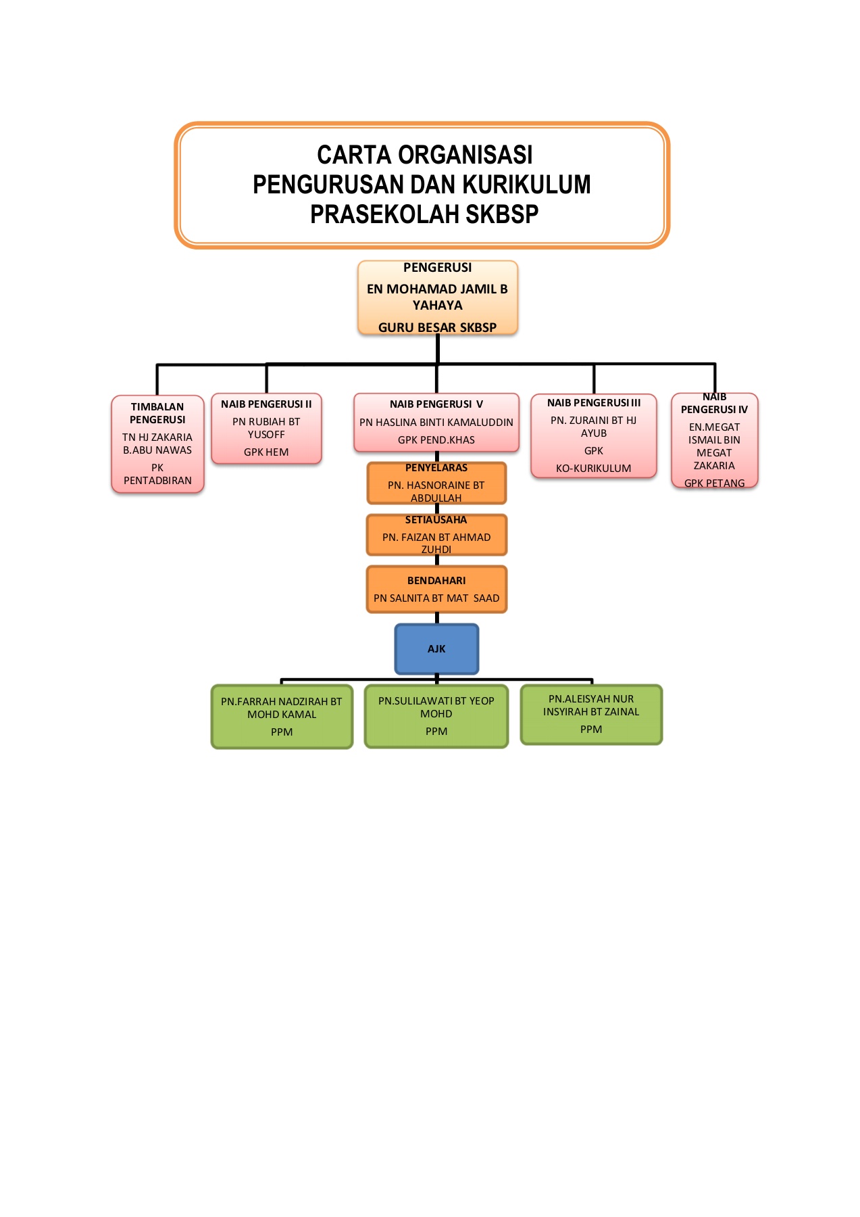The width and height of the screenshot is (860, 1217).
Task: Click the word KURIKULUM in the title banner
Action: [528, 185]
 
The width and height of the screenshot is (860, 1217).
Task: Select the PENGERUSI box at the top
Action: [437, 297]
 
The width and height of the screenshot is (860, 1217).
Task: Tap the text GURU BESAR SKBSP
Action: [437, 327]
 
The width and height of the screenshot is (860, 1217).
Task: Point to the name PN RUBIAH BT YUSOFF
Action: [266, 428]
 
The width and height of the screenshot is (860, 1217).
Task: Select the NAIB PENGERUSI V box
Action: [436, 422]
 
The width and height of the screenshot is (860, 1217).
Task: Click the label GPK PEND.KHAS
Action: [436, 440]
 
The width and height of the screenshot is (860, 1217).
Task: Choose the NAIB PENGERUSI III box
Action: [593, 435]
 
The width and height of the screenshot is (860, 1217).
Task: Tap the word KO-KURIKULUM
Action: [593, 469]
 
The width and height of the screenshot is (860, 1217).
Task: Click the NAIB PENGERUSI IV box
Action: [714, 440]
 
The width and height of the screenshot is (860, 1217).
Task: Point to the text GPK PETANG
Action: [714, 483]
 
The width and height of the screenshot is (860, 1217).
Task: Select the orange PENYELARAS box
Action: [436, 483]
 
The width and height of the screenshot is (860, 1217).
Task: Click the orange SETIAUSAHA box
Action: [436, 535]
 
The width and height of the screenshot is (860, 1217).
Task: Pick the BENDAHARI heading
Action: [436, 581]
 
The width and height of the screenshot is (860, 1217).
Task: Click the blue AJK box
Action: [436, 649]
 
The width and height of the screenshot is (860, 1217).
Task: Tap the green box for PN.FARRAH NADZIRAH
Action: [282, 716]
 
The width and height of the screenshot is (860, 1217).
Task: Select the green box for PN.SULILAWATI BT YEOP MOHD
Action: [436, 715]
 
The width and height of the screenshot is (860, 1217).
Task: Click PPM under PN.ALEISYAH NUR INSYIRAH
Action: [591, 730]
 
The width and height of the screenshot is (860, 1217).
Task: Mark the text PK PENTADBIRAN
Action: [157, 474]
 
